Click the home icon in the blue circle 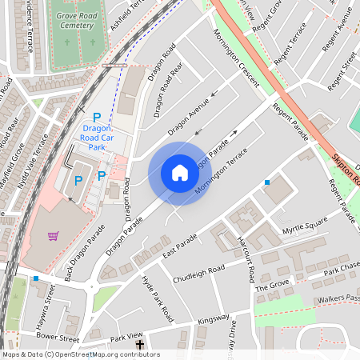point(180,173)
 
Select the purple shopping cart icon point(54,236)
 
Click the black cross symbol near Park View point(141,345)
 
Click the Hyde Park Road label point(157,297)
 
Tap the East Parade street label point(180,246)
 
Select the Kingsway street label point(213,319)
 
